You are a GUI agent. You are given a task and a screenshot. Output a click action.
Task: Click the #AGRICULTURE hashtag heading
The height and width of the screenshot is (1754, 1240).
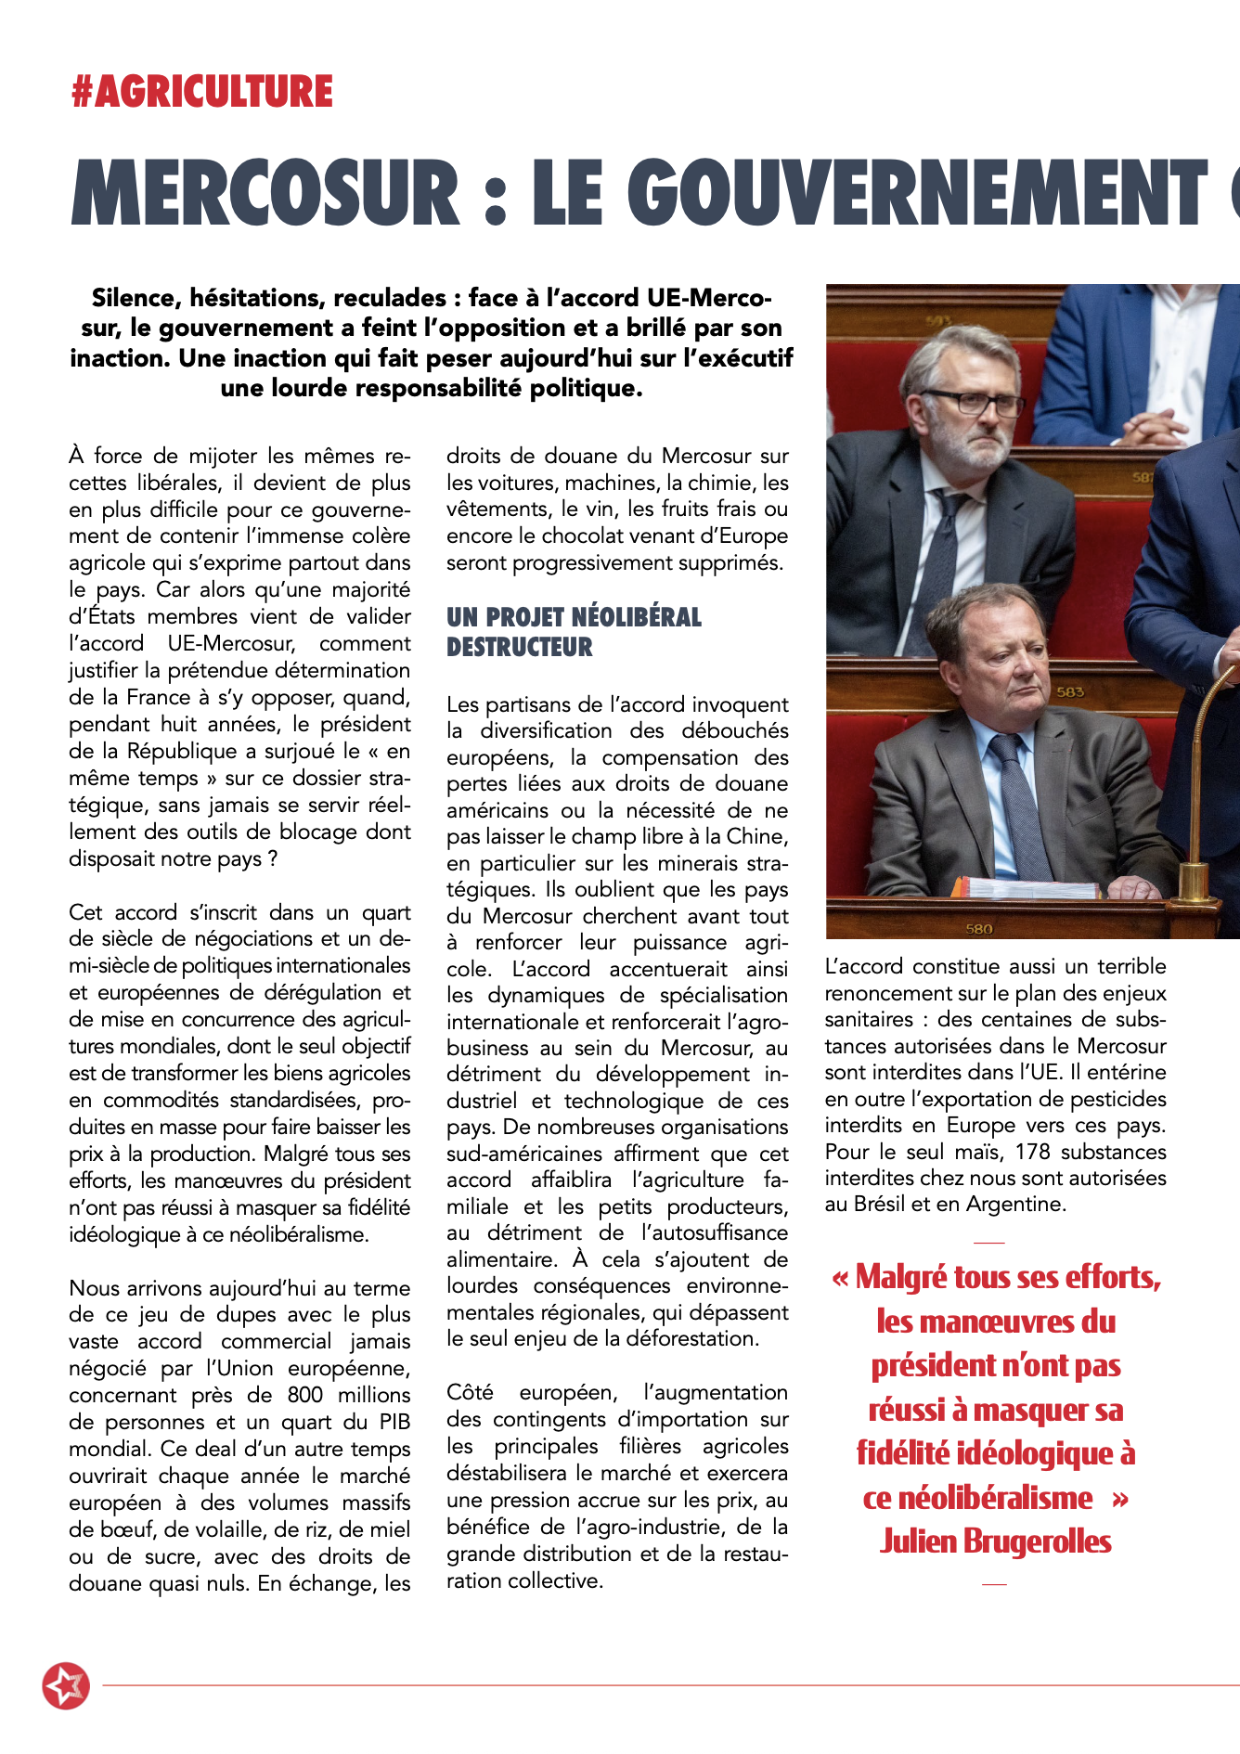coord(201,92)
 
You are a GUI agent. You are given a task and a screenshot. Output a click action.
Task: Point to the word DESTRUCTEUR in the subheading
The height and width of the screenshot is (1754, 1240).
coord(519,647)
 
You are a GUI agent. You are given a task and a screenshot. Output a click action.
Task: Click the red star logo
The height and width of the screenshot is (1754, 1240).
coord(66,1685)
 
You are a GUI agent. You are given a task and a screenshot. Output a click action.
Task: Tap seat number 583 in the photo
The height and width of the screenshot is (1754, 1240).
coord(1069,692)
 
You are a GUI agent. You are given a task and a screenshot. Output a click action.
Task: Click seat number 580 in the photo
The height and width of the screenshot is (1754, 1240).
coord(979,928)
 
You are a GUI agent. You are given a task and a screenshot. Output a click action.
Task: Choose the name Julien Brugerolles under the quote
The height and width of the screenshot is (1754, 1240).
coord(995,1541)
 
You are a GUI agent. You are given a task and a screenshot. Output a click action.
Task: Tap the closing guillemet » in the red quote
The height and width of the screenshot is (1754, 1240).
coord(1120,1498)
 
